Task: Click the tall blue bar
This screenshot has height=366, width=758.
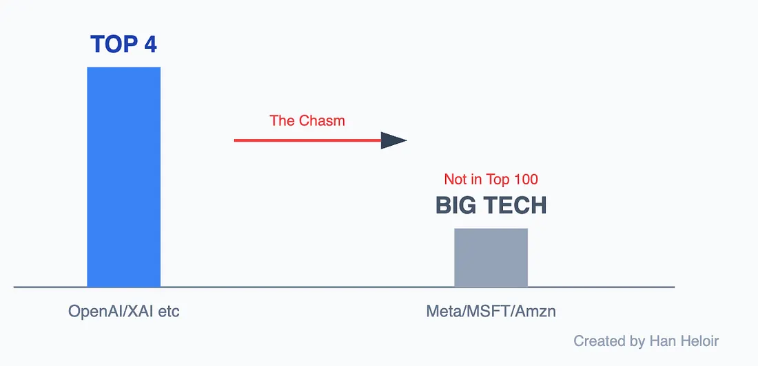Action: [x=124, y=177]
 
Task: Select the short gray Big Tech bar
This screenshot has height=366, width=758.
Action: [x=491, y=257]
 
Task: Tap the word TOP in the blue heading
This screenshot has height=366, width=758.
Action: [x=110, y=45]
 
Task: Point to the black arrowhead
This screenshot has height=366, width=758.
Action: [x=393, y=140]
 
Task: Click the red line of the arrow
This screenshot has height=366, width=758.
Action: [x=307, y=140]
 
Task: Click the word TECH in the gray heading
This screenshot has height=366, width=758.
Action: [x=513, y=206]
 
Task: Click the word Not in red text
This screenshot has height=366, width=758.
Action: [x=455, y=179]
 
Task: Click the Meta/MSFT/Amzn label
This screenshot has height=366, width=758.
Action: [x=491, y=312]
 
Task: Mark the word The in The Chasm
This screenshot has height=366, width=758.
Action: [x=279, y=120]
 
